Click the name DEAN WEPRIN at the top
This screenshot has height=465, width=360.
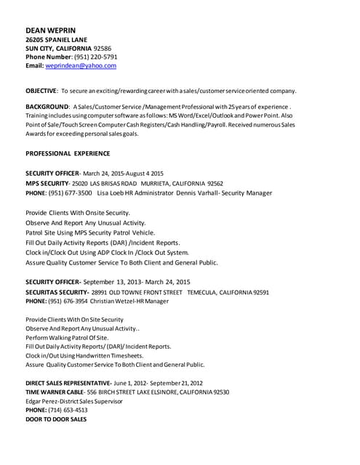point(50,30)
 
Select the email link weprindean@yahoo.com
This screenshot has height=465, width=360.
point(81,65)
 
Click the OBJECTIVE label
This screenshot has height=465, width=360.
point(41,91)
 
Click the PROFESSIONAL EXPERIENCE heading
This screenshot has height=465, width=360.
point(68,153)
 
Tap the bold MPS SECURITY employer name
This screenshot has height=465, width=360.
point(47,184)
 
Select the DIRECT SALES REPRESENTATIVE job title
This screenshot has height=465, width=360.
point(68,382)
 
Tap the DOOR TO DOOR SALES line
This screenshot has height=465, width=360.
point(56,419)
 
